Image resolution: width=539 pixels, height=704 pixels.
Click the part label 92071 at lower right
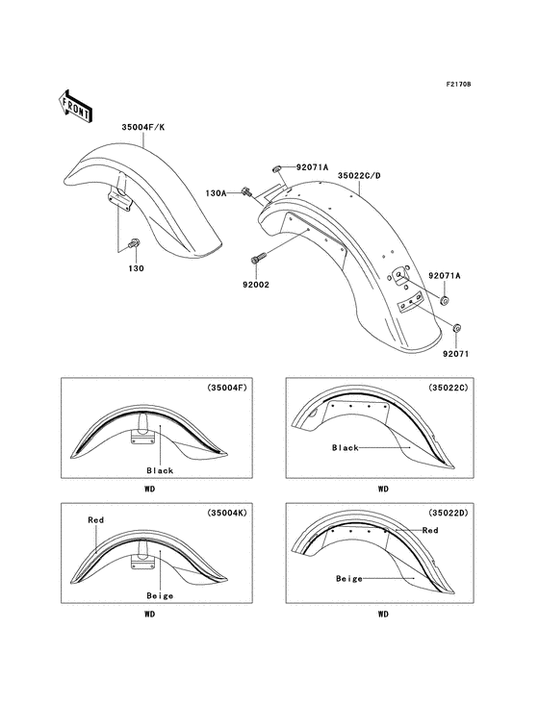456,353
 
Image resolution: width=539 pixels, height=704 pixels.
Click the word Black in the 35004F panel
159,470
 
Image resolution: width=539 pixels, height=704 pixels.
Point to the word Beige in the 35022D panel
348,578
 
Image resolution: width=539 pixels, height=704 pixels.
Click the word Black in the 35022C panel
345,447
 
